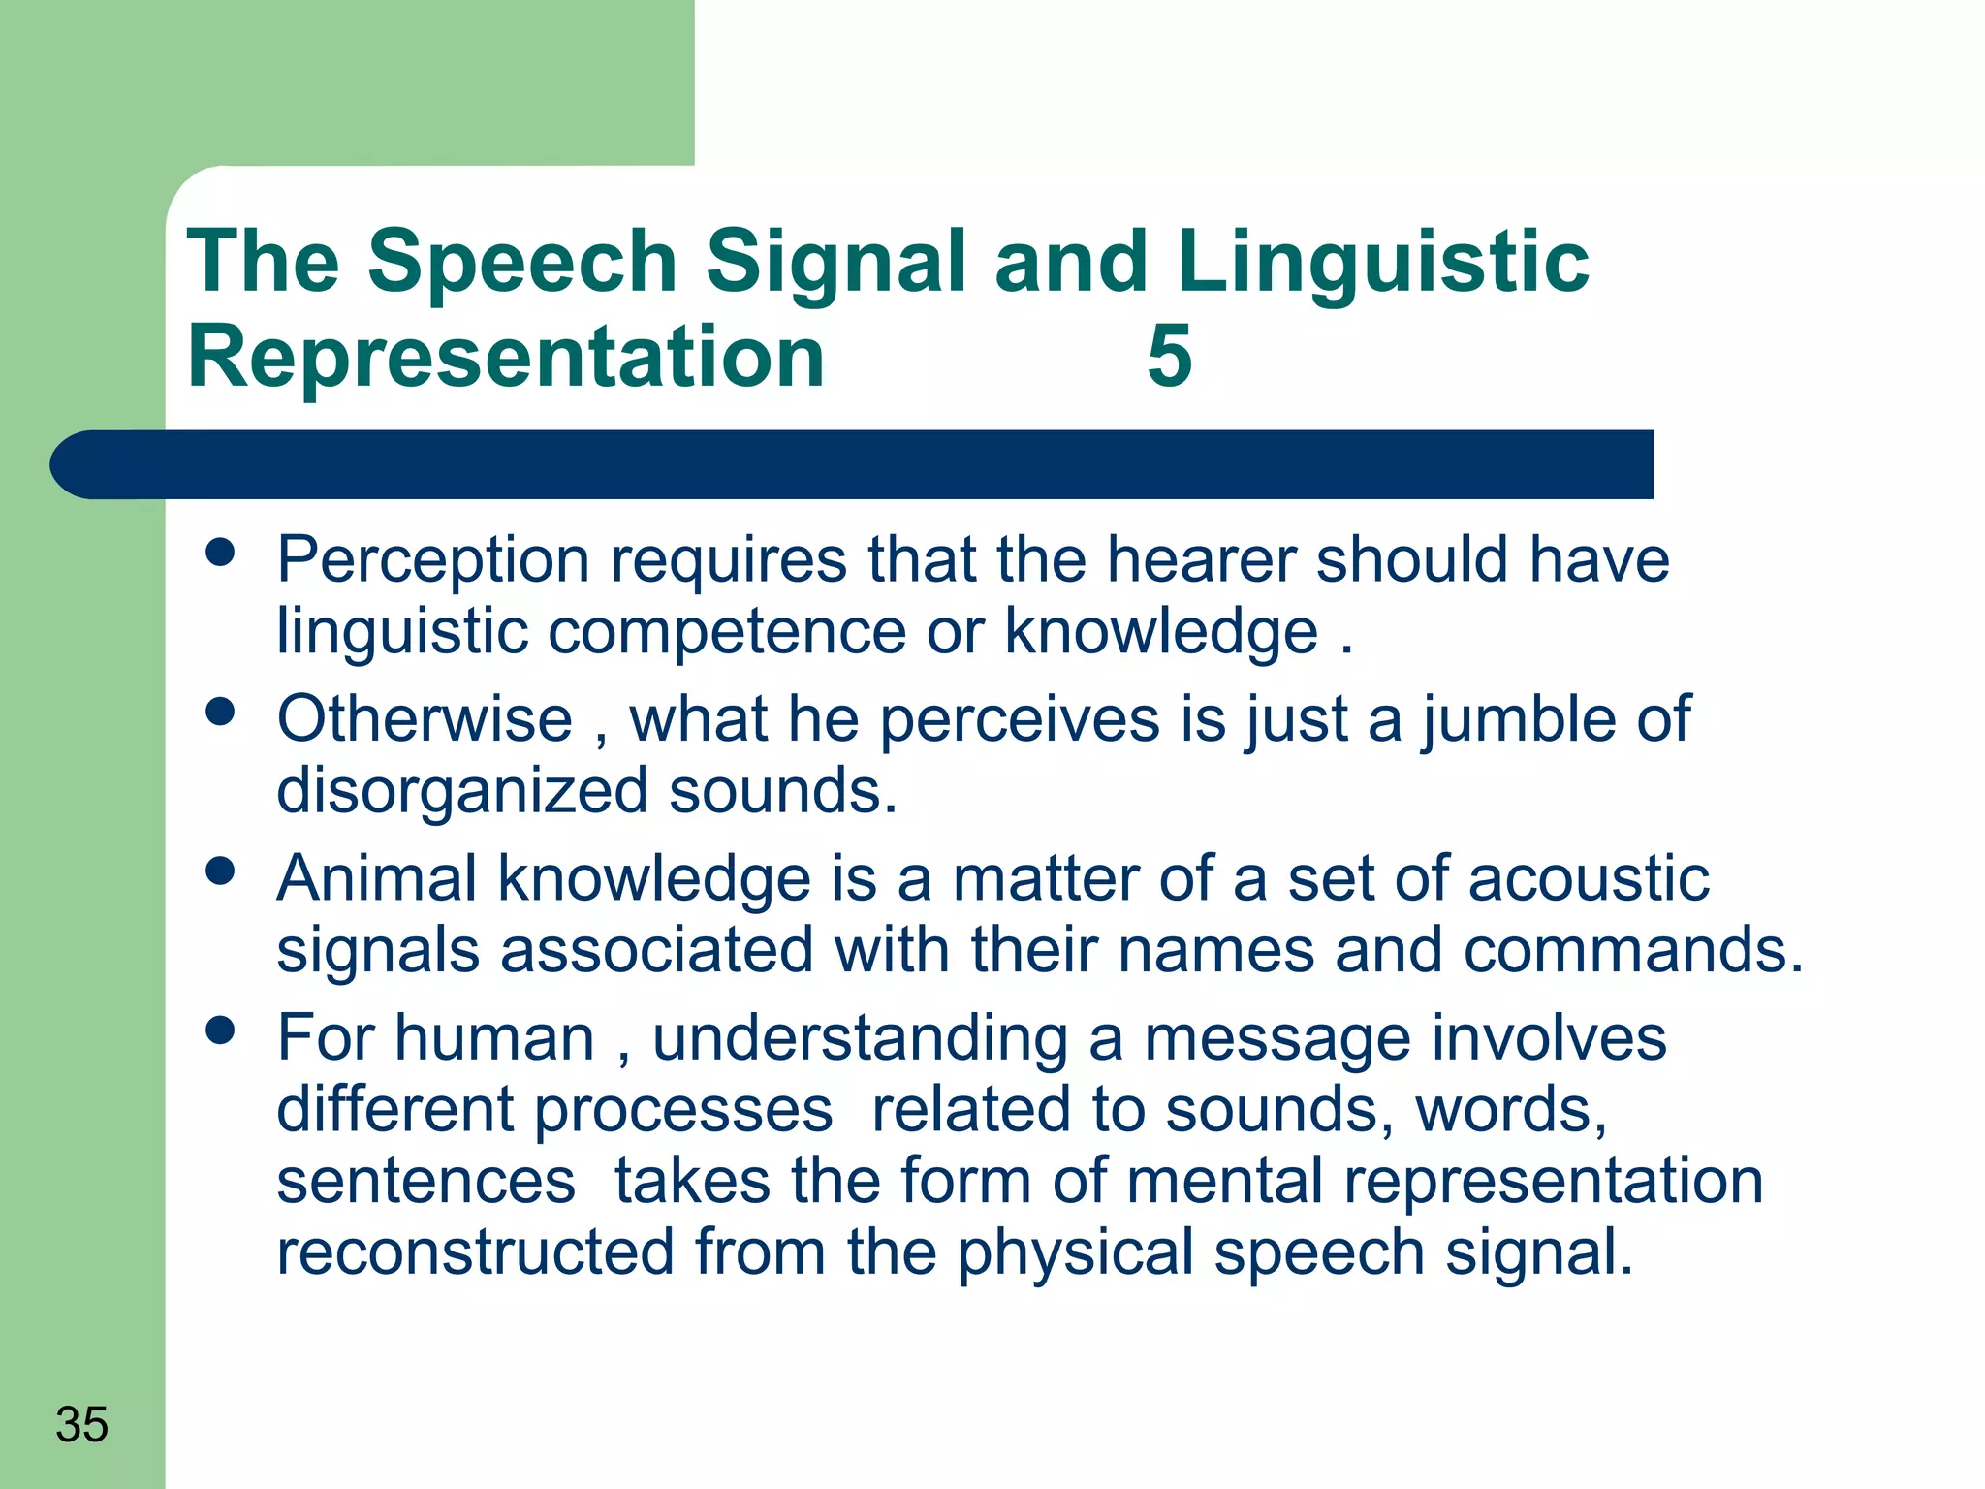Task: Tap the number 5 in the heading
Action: [x=1169, y=356]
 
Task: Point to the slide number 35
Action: [x=81, y=1424]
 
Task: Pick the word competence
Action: [x=727, y=632]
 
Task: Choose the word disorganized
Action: [x=462, y=791]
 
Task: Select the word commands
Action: [x=1633, y=950]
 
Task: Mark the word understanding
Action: [x=860, y=1038]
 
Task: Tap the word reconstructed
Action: [x=475, y=1252]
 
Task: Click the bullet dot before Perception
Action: [x=221, y=553]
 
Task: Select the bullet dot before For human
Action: [x=221, y=1030]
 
